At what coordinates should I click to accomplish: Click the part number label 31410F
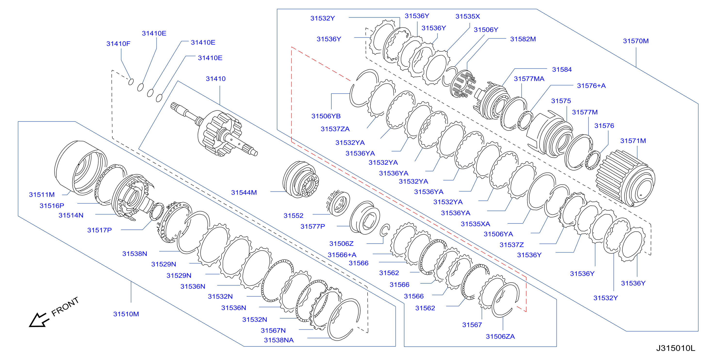[118, 44]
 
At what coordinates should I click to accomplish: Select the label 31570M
[636, 41]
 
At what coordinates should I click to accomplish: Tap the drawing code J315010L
[675, 348]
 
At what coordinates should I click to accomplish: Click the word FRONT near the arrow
[65, 306]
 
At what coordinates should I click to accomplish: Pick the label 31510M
[126, 314]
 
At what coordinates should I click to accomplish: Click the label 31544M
[244, 192]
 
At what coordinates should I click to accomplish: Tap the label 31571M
[633, 141]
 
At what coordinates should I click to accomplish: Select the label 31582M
[523, 39]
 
